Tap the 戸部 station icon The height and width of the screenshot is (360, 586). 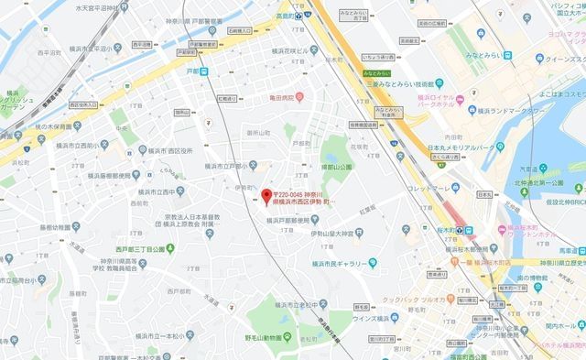point(204,72)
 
